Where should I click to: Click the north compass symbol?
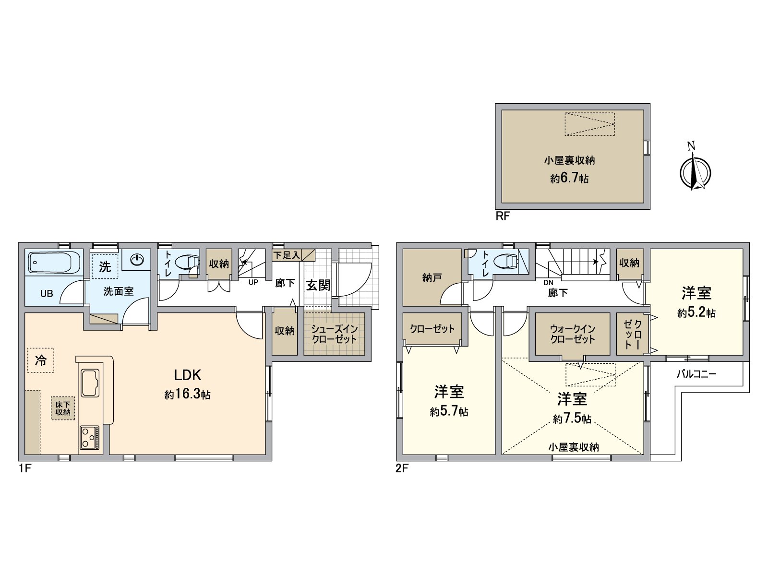695,171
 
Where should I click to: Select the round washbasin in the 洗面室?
137,260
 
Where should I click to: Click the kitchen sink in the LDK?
90,383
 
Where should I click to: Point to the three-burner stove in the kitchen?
90,437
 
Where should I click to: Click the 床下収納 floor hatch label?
63,408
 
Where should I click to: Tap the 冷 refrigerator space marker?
41,360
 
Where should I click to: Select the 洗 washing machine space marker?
105,266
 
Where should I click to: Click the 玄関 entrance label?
318,285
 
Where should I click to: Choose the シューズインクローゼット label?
334,334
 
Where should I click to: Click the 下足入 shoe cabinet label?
287,255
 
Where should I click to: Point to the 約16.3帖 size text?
188,394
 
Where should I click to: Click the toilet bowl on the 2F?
505,261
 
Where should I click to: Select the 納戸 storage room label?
432,278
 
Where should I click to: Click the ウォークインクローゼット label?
573,334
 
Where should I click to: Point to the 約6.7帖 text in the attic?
569,179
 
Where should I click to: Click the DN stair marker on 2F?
549,283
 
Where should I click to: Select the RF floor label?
503,216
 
